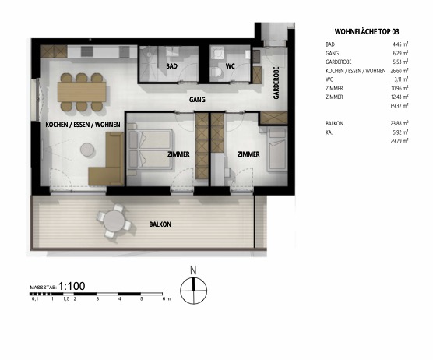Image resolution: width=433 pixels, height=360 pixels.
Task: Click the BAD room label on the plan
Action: [x=171, y=67]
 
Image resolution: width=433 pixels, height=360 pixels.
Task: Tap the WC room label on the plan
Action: [x=231, y=67]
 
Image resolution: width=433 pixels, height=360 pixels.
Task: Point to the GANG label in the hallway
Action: [x=198, y=101]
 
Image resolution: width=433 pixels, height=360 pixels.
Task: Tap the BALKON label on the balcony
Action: [x=160, y=224]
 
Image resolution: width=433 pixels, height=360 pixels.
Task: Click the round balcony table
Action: [x=117, y=222]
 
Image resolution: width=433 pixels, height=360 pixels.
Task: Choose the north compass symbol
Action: [x=191, y=290]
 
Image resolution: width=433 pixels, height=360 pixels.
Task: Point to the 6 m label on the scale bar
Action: [x=164, y=299]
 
